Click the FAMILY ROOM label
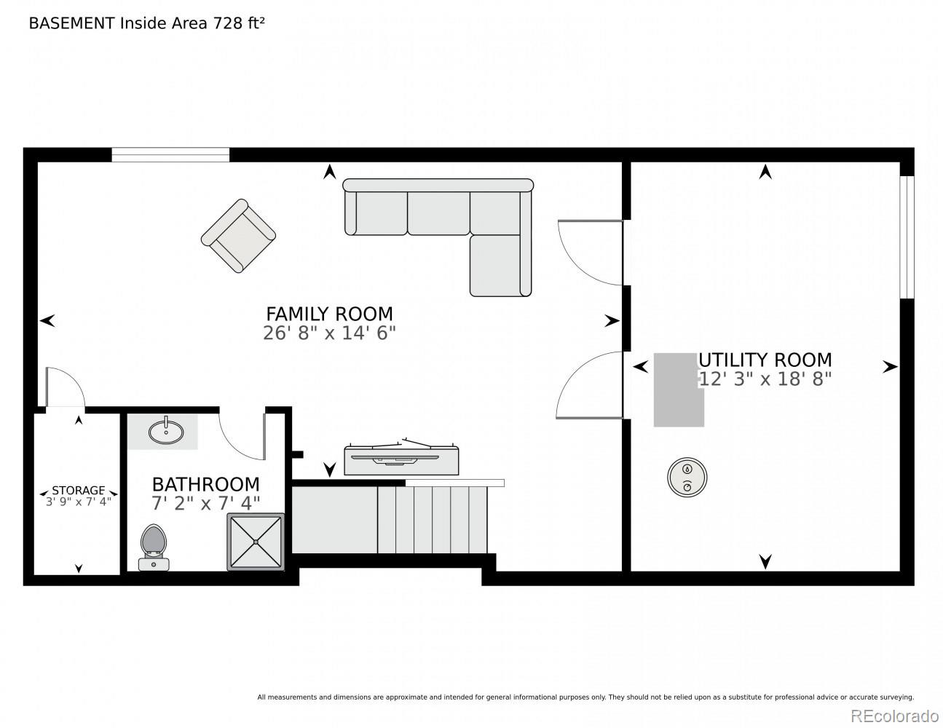click(x=329, y=314)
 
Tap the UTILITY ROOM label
click(x=765, y=360)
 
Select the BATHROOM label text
click(x=205, y=484)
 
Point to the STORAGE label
click(x=78, y=490)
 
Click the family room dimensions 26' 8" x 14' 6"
click(x=329, y=333)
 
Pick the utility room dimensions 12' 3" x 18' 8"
click(x=765, y=379)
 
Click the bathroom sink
click(x=166, y=431)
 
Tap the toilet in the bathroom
click(x=154, y=547)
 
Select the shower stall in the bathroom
click(x=256, y=542)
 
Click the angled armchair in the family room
click(x=238, y=236)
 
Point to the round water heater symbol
click(x=687, y=478)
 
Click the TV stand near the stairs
click(x=401, y=457)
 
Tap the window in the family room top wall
click(x=170, y=155)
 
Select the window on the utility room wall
click(x=907, y=237)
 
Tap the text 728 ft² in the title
click(x=238, y=23)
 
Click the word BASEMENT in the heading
click(x=71, y=23)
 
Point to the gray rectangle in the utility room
click(x=679, y=389)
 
